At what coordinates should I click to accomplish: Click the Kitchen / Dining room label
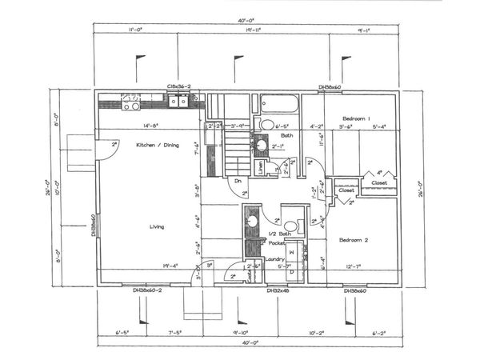click(155, 145)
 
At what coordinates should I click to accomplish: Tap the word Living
click(156, 227)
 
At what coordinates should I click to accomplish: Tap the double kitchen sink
click(178, 100)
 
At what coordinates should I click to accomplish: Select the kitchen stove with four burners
click(130, 100)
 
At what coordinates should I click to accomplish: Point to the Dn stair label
click(238, 181)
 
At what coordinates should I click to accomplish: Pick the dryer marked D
click(291, 272)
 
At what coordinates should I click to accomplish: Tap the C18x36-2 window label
click(178, 86)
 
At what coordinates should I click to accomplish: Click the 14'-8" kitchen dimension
click(152, 126)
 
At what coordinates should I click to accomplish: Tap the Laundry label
click(276, 258)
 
